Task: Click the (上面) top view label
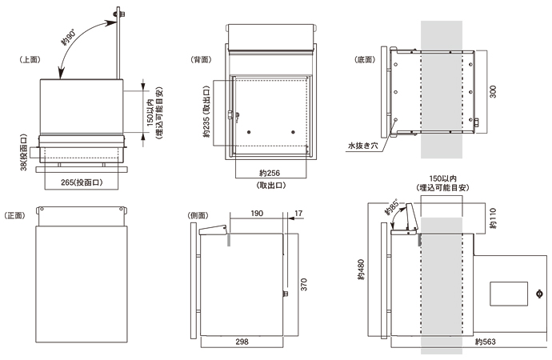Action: (30, 60)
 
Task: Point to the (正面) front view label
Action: (16, 215)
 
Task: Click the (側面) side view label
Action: (197, 215)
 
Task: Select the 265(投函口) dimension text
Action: (82, 182)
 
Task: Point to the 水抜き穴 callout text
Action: (364, 146)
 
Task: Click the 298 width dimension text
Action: (241, 342)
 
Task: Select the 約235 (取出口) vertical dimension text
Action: (206, 112)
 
